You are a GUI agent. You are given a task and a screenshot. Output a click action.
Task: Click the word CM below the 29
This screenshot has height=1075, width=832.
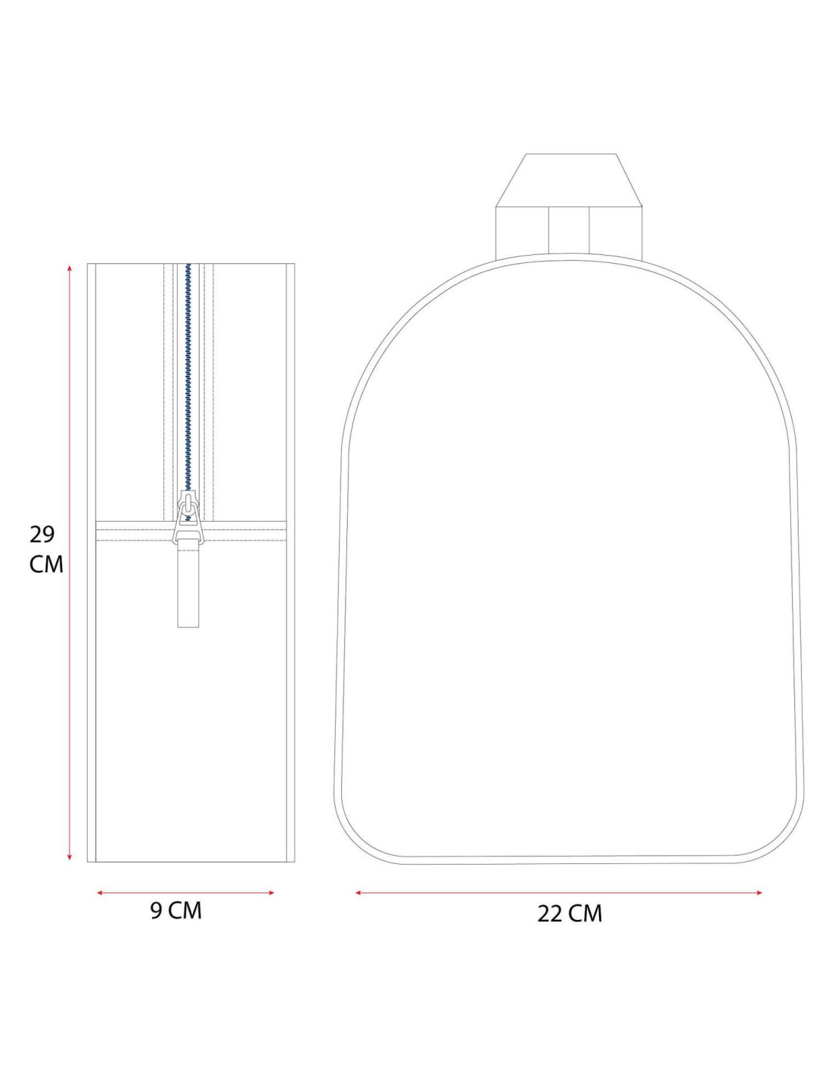click(47, 565)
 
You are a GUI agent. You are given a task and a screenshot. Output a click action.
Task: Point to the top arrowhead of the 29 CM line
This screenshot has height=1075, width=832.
click(70, 268)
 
